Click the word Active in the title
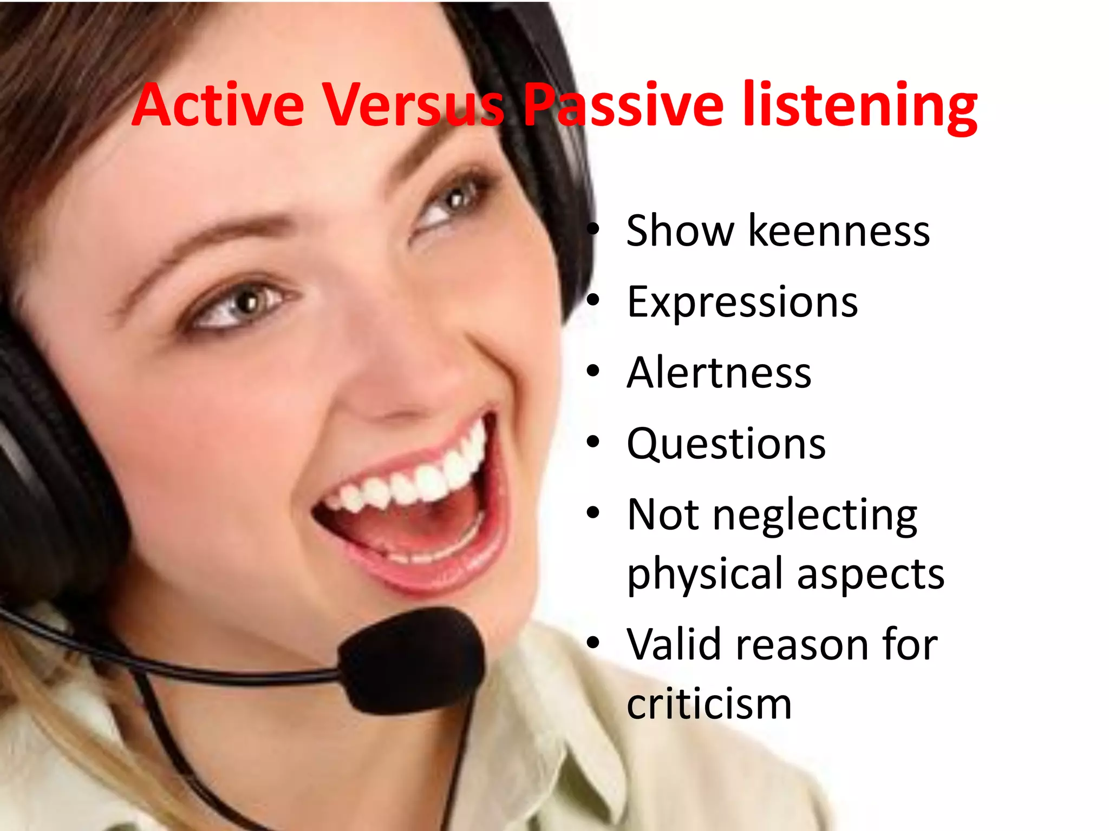tap(218, 105)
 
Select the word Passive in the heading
tap(623, 105)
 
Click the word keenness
tap(839, 231)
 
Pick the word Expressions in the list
tap(742, 302)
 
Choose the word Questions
tap(726, 444)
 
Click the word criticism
tap(709, 704)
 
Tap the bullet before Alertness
tap(593, 372)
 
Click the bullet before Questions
tap(593, 443)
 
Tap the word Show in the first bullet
tap(680, 231)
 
